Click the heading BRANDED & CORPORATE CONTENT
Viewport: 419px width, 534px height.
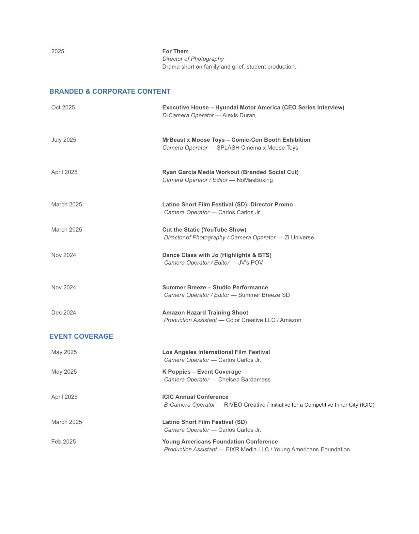[x=110, y=91]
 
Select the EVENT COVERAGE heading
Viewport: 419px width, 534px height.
[x=81, y=336]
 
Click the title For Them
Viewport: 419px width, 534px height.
[x=175, y=51]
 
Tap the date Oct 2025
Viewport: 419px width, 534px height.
[x=63, y=107]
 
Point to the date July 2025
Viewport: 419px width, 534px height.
[x=64, y=140]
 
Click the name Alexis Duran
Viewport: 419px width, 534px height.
[x=239, y=115]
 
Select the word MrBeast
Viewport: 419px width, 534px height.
[x=174, y=140]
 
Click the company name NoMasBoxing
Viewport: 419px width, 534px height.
[x=255, y=180]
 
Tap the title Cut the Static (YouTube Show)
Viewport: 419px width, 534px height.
[x=204, y=230]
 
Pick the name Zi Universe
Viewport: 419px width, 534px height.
[x=299, y=237]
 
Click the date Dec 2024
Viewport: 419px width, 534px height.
[x=64, y=313]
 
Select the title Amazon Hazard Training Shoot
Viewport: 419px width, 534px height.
[x=205, y=313]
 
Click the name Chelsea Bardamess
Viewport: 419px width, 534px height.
[x=244, y=380]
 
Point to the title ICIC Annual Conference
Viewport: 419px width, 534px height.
[x=195, y=397]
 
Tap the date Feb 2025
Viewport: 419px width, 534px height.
[x=63, y=442]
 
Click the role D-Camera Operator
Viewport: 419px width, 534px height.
[x=188, y=115]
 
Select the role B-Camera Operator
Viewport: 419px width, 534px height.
[x=189, y=405]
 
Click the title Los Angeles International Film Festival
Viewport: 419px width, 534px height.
[x=216, y=352]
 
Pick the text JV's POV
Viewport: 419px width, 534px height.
[x=250, y=263]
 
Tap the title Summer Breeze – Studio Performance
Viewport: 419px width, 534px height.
[x=215, y=287]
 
